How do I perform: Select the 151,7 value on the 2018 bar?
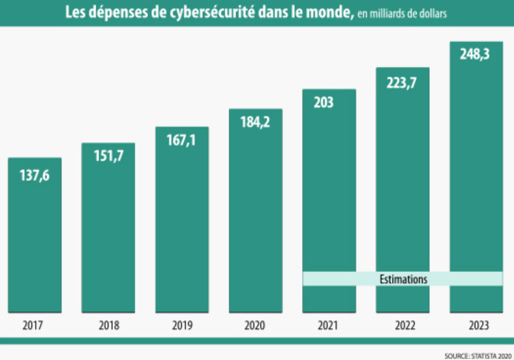pos(108,157)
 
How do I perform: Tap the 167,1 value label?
pos(182,141)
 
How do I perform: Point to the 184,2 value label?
pos(256,123)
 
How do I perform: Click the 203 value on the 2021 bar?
pos(323,102)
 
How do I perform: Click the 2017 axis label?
pos(35,325)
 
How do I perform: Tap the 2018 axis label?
pos(108,325)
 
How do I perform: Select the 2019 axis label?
pos(182,325)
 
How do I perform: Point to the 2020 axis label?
pos(256,325)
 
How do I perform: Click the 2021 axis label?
pos(329,325)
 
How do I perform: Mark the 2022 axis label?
pos(402,325)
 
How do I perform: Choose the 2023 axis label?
pos(476,325)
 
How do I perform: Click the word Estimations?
pos(403,279)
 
